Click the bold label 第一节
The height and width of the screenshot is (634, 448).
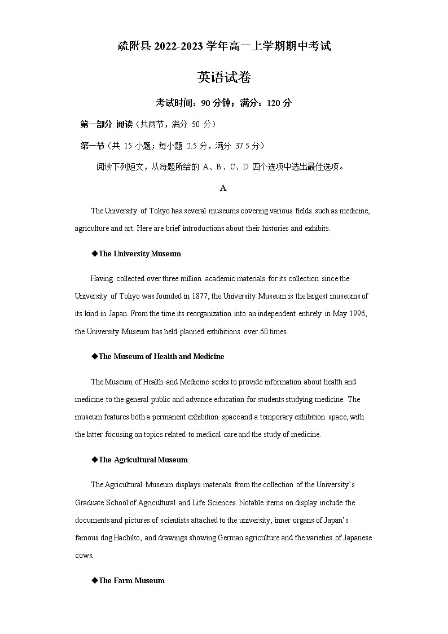[93, 146]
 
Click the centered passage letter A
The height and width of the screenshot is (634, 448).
[223, 188]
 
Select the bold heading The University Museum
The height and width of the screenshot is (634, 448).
[139, 254]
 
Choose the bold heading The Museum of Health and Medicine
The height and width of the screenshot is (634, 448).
[161, 357]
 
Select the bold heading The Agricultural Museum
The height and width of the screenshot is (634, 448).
[143, 460]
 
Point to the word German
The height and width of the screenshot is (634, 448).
[226, 538]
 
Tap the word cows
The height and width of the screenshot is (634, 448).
[84, 556]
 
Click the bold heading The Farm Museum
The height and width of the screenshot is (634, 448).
[131, 581]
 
